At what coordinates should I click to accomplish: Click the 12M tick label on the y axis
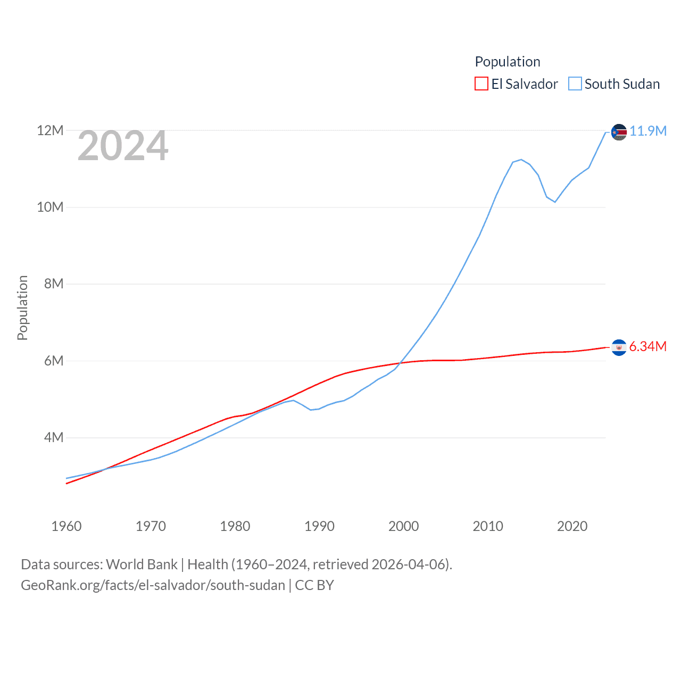50,130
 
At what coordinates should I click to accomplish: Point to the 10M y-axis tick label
50,207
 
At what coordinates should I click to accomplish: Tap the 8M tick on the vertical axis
54,284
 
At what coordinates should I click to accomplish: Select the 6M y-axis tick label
54,361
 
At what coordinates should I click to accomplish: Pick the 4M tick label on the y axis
54,437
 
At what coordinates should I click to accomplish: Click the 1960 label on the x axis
67,526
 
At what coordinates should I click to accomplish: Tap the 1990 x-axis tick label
319,526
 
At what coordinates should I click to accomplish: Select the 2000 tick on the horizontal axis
404,526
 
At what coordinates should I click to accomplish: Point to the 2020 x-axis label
572,526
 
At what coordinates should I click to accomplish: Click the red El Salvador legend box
481,84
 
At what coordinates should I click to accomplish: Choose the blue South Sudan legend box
575,84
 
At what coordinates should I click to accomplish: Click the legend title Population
508,62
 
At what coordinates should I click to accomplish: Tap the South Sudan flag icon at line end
619,132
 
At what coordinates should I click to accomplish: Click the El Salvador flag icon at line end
619,347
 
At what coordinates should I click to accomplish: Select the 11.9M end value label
648,131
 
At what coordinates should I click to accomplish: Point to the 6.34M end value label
648,346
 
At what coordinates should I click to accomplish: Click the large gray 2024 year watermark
123,146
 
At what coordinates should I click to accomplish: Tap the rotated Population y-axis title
22,308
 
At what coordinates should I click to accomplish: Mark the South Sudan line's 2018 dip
555,202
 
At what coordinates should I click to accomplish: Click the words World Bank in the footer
142,564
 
